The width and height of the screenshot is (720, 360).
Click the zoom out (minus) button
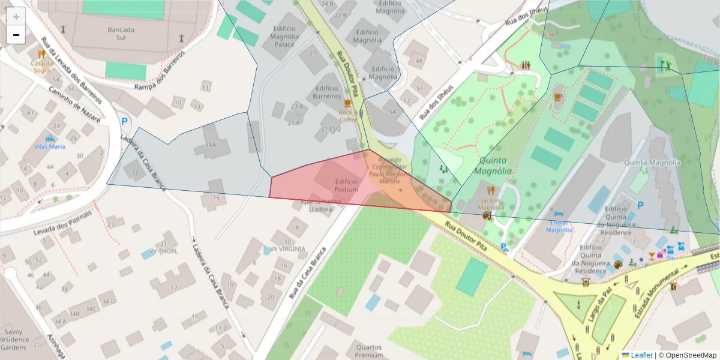click(x=16, y=35)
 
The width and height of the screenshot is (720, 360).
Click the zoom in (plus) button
click(x=16, y=17)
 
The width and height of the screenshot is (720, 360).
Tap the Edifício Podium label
click(x=346, y=185)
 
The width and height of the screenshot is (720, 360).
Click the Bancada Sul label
click(x=121, y=34)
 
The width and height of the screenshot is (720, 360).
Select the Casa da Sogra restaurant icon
click(x=41, y=54)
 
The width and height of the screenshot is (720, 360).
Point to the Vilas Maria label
click(x=50, y=146)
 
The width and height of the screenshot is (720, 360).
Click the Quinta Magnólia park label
click(x=493, y=166)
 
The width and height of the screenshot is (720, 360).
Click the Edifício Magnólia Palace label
click(x=284, y=36)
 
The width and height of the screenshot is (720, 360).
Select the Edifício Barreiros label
click(x=327, y=92)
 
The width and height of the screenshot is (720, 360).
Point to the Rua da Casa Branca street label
click(x=305, y=274)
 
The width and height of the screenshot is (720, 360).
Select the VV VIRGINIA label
click(x=287, y=249)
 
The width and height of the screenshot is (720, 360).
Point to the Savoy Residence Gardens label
click(x=14, y=339)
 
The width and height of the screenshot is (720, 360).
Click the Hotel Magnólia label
click(x=559, y=226)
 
